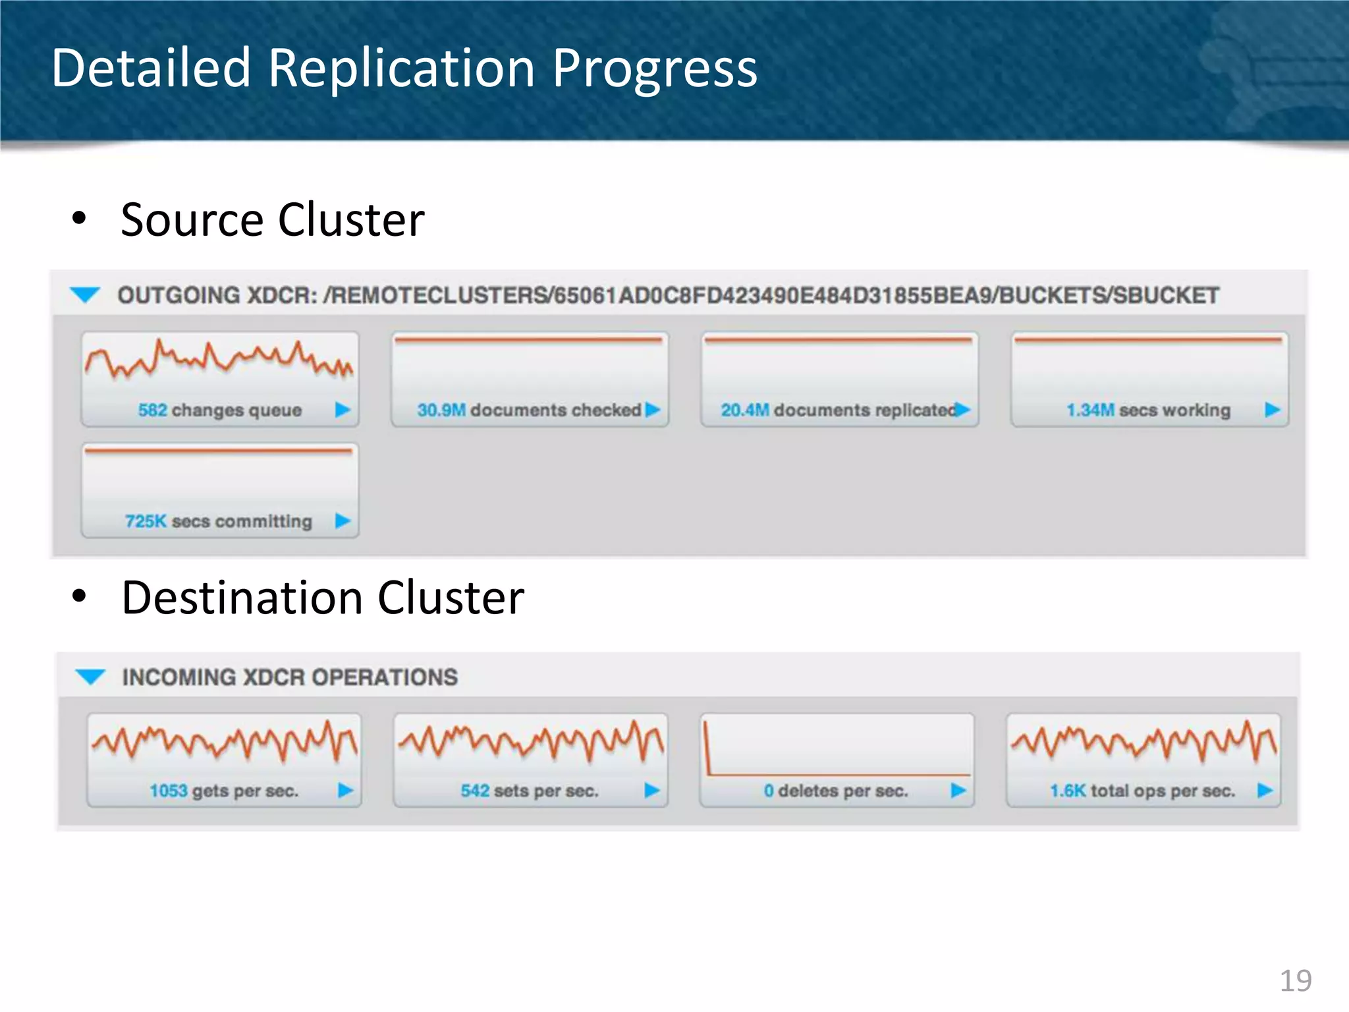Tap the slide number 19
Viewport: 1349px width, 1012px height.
(1295, 980)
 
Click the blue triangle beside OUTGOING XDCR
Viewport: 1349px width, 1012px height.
(85, 295)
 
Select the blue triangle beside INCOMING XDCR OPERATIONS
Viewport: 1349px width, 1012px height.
(90, 677)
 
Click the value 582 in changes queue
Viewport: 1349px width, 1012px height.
(152, 410)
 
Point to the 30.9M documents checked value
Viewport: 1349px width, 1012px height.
(441, 410)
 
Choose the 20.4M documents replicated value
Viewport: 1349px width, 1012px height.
(745, 410)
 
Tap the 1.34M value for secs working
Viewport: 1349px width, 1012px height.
(1090, 410)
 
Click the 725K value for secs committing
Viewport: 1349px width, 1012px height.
(146, 521)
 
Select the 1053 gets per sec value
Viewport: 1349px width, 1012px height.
(169, 791)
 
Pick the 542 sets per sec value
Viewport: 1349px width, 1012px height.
(475, 791)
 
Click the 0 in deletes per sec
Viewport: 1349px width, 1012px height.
(769, 791)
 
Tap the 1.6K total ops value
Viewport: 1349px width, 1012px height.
(1067, 791)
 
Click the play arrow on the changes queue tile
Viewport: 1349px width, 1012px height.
(343, 410)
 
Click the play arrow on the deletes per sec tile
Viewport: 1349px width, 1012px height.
(958, 790)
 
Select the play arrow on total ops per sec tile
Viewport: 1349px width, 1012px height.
(1265, 790)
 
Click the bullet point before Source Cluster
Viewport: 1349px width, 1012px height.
(79, 219)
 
